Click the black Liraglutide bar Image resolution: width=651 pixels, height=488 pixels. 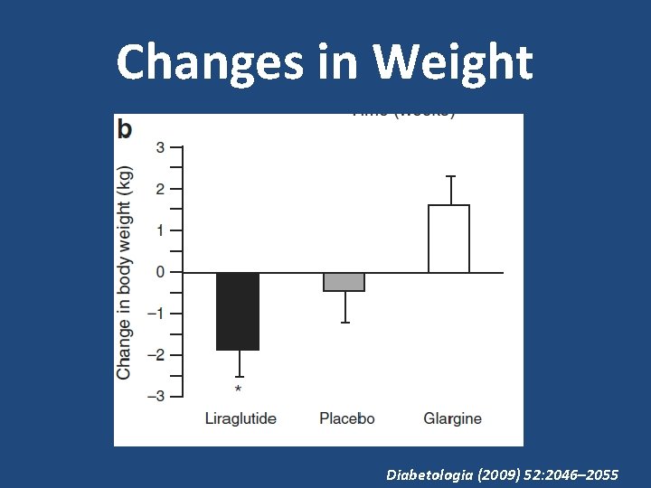click(x=238, y=311)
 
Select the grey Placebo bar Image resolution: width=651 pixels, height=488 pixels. click(x=344, y=282)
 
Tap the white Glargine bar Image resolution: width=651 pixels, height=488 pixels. click(x=448, y=239)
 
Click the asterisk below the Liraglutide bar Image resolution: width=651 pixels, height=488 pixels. click(x=238, y=389)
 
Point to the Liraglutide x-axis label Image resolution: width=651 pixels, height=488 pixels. click(x=241, y=419)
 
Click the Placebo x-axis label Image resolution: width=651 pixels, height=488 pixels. click(x=346, y=419)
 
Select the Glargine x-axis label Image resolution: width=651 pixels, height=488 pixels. click(x=452, y=419)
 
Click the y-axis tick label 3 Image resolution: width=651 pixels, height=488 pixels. click(x=160, y=147)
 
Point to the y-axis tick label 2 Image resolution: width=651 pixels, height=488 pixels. click(x=160, y=189)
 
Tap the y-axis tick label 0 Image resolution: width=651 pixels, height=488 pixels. click(x=160, y=272)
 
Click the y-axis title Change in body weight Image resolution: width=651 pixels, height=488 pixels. click(x=125, y=272)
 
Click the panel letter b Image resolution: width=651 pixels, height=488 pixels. click(x=125, y=129)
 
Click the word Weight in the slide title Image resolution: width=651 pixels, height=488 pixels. click(x=453, y=63)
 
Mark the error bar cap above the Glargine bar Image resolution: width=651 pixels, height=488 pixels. click(x=448, y=176)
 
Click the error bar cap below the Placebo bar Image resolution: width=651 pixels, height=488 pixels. click(x=344, y=323)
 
